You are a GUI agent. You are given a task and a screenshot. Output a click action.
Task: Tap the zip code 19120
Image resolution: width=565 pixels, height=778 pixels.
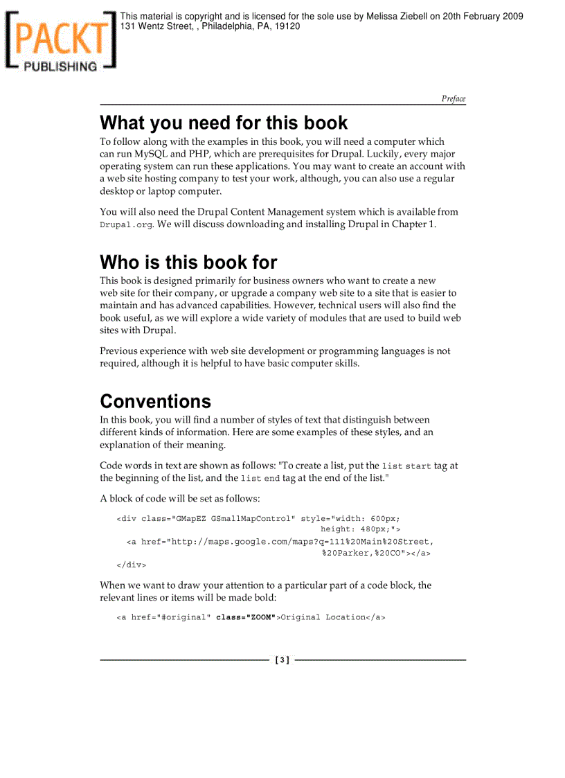point(287,26)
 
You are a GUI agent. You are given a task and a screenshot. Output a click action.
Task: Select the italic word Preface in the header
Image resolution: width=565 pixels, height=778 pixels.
point(454,98)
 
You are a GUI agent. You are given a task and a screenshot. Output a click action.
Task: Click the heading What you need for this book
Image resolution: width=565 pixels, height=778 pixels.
point(224,123)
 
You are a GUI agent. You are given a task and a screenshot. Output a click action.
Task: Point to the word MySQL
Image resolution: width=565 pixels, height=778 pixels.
point(151,154)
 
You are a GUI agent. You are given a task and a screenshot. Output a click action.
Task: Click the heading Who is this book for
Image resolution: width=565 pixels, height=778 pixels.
point(188,262)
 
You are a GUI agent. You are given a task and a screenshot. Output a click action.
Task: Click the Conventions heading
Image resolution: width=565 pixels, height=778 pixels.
point(156,401)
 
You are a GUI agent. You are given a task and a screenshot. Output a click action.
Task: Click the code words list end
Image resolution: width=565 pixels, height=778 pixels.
point(260,479)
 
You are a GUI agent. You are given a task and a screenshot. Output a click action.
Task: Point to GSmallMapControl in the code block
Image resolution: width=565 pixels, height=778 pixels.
point(253,518)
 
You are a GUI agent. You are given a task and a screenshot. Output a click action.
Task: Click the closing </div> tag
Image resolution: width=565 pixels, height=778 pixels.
point(132,565)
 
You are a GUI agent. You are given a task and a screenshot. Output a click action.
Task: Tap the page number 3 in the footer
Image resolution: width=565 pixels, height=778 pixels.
point(282,660)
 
